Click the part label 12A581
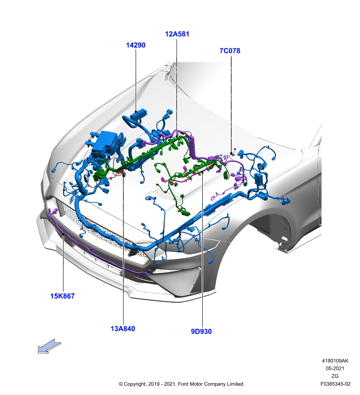[x=177, y=34]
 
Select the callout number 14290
[x=136, y=45]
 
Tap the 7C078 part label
[x=230, y=51]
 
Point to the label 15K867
[x=63, y=296]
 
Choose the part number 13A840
[x=123, y=328]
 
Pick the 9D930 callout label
[x=201, y=331]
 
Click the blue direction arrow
[x=49, y=346]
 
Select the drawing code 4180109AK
[x=335, y=361]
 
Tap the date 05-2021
[x=335, y=368]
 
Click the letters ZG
[x=335, y=376]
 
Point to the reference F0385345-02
[x=335, y=384]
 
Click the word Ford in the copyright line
[x=183, y=384]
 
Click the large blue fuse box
[x=105, y=144]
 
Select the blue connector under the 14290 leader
[x=139, y=115]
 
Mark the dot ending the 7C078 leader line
[x=231, y=153]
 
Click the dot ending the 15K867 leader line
[x=63, y=234]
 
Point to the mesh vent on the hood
[x=164, y=195]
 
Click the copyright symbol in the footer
[x=121, y=384]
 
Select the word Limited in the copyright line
[x=235, y=384]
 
